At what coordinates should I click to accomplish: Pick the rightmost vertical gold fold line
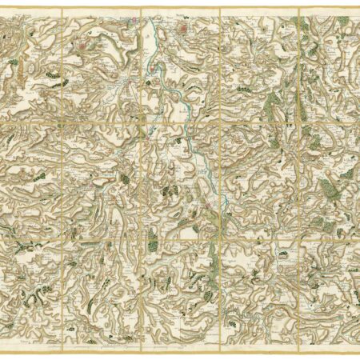(299, 176)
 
